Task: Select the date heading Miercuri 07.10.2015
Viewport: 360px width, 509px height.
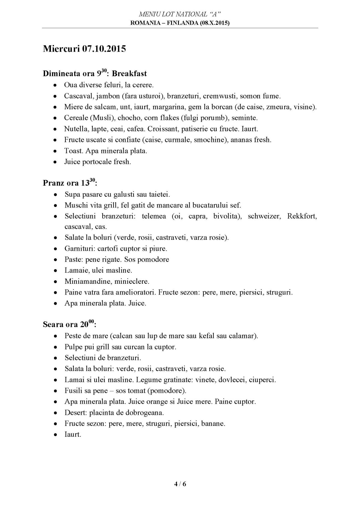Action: [x=84, y=49]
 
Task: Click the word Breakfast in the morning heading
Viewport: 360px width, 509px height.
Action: [x=129, y=73]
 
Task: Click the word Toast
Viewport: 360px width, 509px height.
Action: [x=72, y=151]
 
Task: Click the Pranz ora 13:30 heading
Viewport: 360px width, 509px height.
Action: [x=70, y=183]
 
